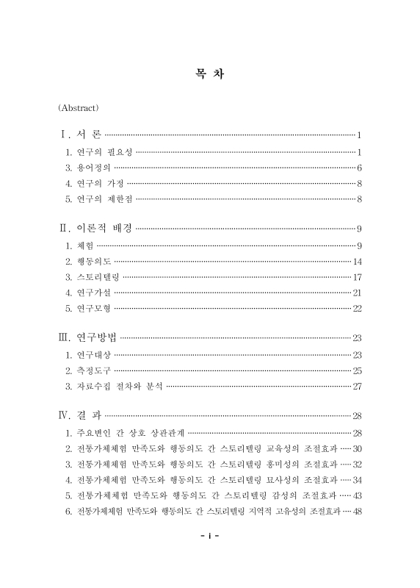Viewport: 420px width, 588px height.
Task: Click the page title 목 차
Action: coord(210,74)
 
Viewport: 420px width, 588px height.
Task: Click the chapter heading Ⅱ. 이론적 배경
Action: coord(95,228)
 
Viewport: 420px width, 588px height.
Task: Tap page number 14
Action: coord(358,261)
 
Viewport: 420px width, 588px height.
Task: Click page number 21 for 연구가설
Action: coord(358,293)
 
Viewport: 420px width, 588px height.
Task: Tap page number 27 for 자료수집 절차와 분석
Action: coord(358,386)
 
